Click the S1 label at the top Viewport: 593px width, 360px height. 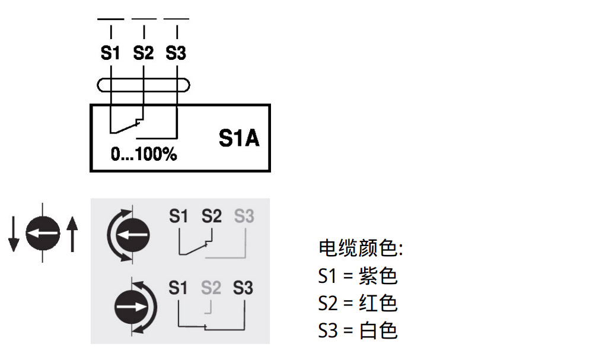click(110, 53)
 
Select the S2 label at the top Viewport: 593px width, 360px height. click(143, 53)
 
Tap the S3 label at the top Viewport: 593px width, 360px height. click(176, 53)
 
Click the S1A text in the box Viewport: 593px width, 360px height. click(239, 139)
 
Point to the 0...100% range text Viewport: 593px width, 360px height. click(144, 155)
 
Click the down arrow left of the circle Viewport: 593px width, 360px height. click(14, 234)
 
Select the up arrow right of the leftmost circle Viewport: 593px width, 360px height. click(72, 234)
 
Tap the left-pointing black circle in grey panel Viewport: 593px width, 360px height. click(132, 234)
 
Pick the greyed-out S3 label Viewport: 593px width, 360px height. click(244, 216)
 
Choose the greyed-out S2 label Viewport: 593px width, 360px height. click(211, 289)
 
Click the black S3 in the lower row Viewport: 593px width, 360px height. click(243, 289)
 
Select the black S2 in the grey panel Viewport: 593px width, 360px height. click(211, 216)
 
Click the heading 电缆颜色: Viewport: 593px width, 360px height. click(361, 249)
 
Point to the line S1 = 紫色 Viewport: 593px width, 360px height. click(358, 276)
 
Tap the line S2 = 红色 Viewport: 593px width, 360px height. click(358, 303)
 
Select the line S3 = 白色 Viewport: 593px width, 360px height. click(358, 330)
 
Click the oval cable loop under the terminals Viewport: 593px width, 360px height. click(144, 85)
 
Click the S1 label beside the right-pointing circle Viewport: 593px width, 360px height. click(178, 289)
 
